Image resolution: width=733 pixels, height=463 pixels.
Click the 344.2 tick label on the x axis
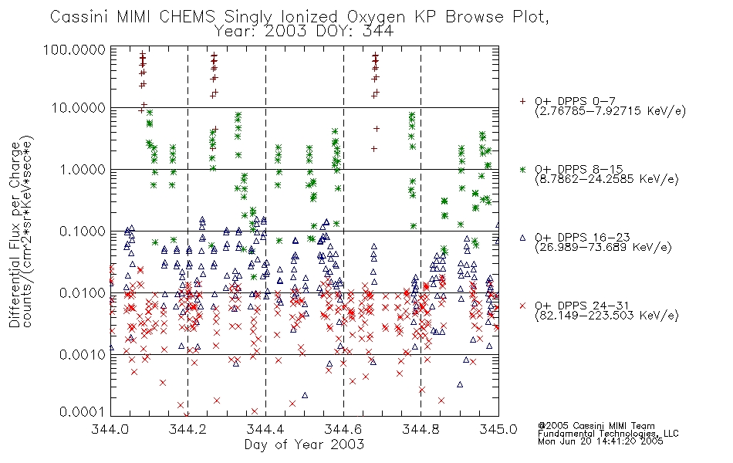pos(187,428)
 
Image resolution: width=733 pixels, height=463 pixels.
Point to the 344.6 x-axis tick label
pos(343,428)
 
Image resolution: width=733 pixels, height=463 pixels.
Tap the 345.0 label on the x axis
pos(498,428)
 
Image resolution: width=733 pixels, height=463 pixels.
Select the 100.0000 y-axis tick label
pos(74,49)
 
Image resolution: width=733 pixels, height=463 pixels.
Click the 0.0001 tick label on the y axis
pos(83,412)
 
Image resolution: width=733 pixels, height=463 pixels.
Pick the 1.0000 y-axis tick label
pos(83,169)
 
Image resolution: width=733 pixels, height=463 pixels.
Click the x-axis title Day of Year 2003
pos(304,444)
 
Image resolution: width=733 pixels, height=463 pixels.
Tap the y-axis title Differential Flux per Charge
pos(15,235)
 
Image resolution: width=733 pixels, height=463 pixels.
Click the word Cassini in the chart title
pos(79,17)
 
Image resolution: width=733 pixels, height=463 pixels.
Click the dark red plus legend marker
pos(522,101)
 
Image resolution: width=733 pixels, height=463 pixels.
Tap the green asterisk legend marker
pos(522,169)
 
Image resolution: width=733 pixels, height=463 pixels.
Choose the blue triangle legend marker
pos(522,238)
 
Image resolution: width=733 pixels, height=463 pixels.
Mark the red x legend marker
pos(522,306)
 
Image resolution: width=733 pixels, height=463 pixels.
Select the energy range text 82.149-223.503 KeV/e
pos(606,316)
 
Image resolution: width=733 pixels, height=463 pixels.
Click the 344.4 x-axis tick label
pos(265,428)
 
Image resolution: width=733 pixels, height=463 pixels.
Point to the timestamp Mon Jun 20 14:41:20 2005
pos(600,441)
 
